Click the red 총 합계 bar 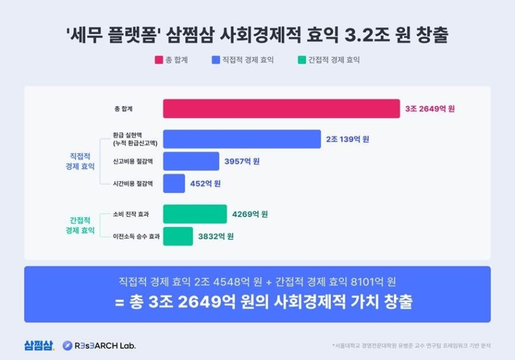point(281,108)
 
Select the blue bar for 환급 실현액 point(242,139)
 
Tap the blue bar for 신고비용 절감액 point(191,161)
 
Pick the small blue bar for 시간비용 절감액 point(174,183)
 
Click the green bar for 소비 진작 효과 point(195,214)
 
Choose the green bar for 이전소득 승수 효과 point(178,236)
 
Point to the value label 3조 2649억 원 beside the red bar point(430,109)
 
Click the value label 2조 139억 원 point(347,139)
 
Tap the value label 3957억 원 point(242,161)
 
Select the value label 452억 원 point(205,183)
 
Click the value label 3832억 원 point(216,236)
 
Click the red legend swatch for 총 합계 point(159,60)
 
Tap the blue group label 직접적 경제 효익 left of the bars point(80,161)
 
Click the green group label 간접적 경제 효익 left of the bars point(80,225)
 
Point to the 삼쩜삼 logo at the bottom point(40,345)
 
